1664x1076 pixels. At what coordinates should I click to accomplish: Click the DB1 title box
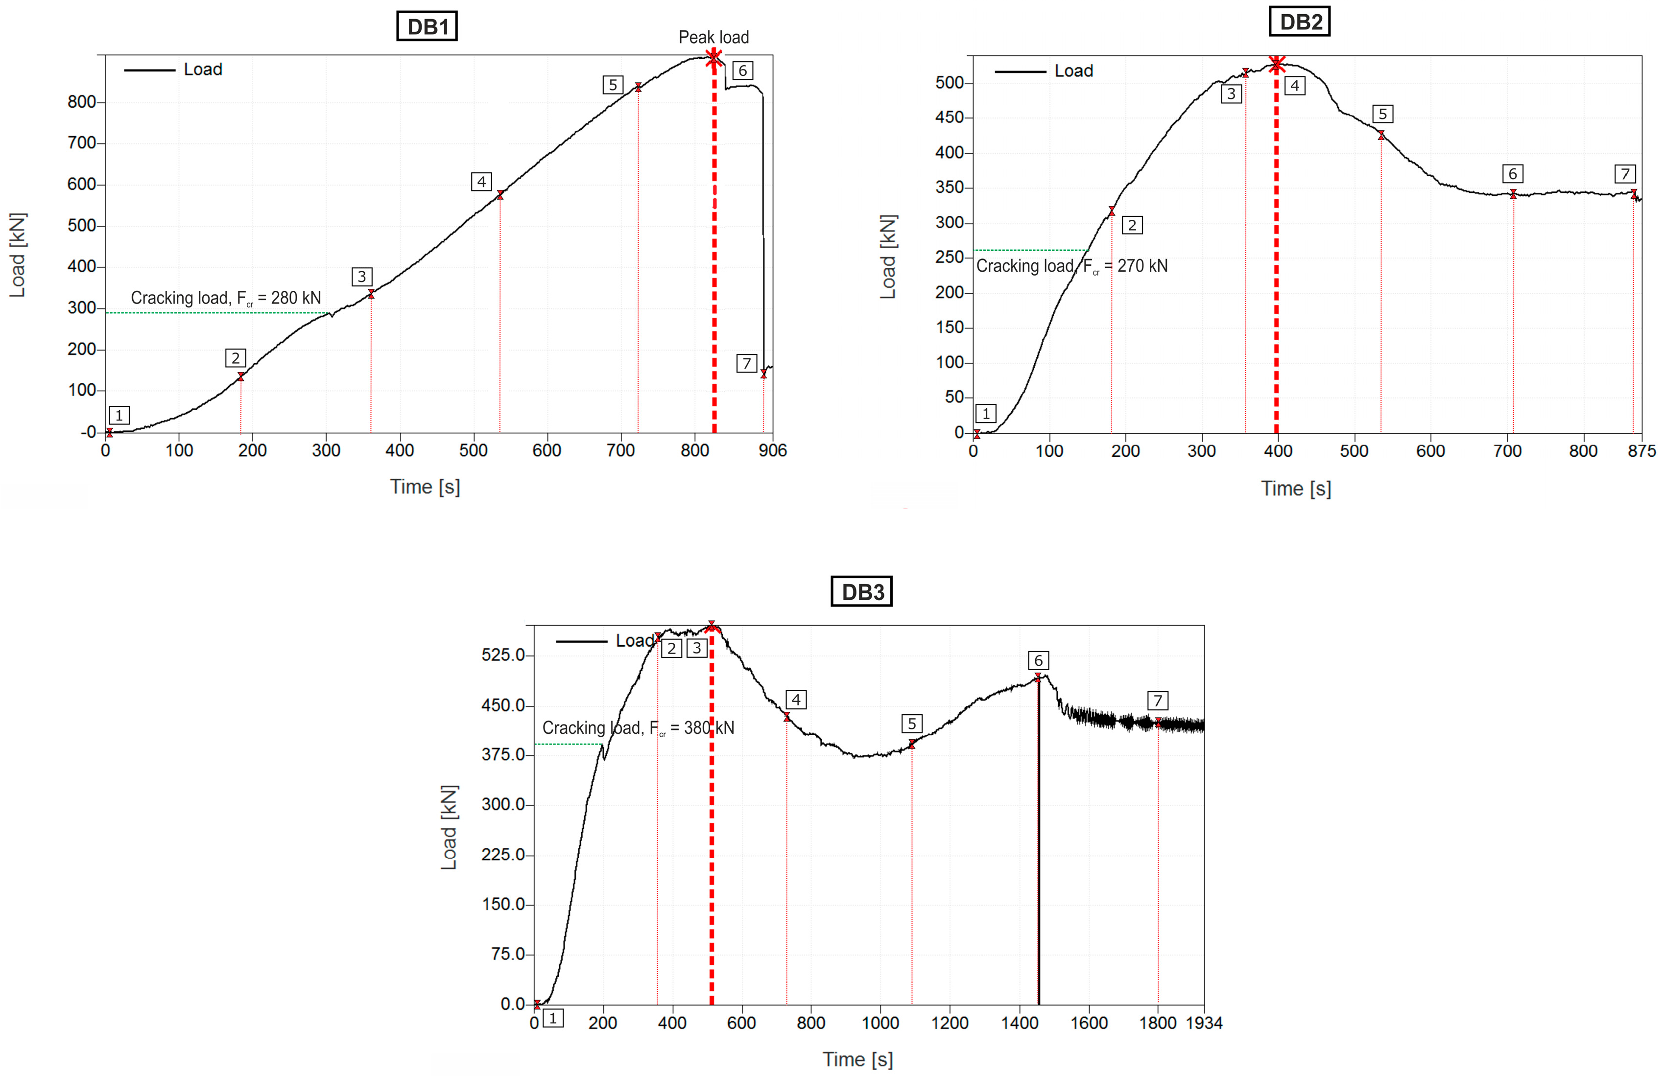click(x=427, y=26)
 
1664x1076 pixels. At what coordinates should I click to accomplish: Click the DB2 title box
click(x=1299, y=22)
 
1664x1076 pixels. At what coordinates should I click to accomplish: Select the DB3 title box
click(x=861, y=592)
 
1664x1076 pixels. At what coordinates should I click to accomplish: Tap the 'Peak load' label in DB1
click(x=713, y=37)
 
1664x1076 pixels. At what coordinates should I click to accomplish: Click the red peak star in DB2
click(x=1276, y=64)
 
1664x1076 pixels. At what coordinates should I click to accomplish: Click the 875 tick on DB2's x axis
click(x=1641, y=451)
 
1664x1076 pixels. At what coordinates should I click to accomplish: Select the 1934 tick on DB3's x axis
click(x=1204, y=1023)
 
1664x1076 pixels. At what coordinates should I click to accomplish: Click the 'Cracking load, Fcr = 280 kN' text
click(x=226, y=298)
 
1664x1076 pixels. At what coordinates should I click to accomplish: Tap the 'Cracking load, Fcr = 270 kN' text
click(x=1071, y=266)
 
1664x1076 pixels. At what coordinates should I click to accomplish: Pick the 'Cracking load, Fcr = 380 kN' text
click(x=638, y=728)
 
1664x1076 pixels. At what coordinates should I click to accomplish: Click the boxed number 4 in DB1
click(x=481, y=182)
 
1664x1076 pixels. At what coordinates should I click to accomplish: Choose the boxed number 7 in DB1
click(x=746, y=363)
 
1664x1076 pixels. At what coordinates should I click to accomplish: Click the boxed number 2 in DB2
click(x=1132, y=225)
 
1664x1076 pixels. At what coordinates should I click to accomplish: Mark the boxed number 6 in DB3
click(x=1038, y=660)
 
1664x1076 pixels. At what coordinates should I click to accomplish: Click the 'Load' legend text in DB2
click(x=1073, y=71)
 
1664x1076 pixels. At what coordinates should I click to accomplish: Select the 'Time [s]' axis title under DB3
click(x=857, y=1059)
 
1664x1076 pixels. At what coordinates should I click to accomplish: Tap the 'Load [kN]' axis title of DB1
click(x=18, y=255)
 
